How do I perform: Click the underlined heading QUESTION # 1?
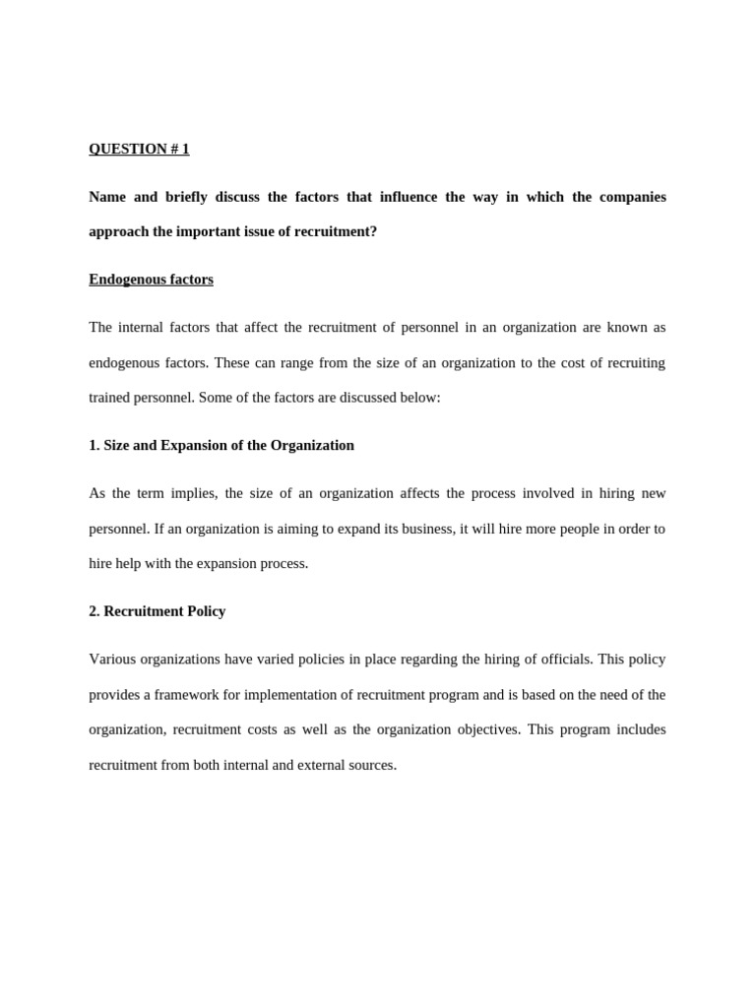[x=139, y=149]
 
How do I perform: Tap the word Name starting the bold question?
[x=107, y=197]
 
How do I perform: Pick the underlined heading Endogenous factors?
[x=151, y=280]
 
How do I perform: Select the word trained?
[x=110, y=398]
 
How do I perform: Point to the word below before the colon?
[x=418, y=398]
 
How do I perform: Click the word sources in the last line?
[x=369, y=765]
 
